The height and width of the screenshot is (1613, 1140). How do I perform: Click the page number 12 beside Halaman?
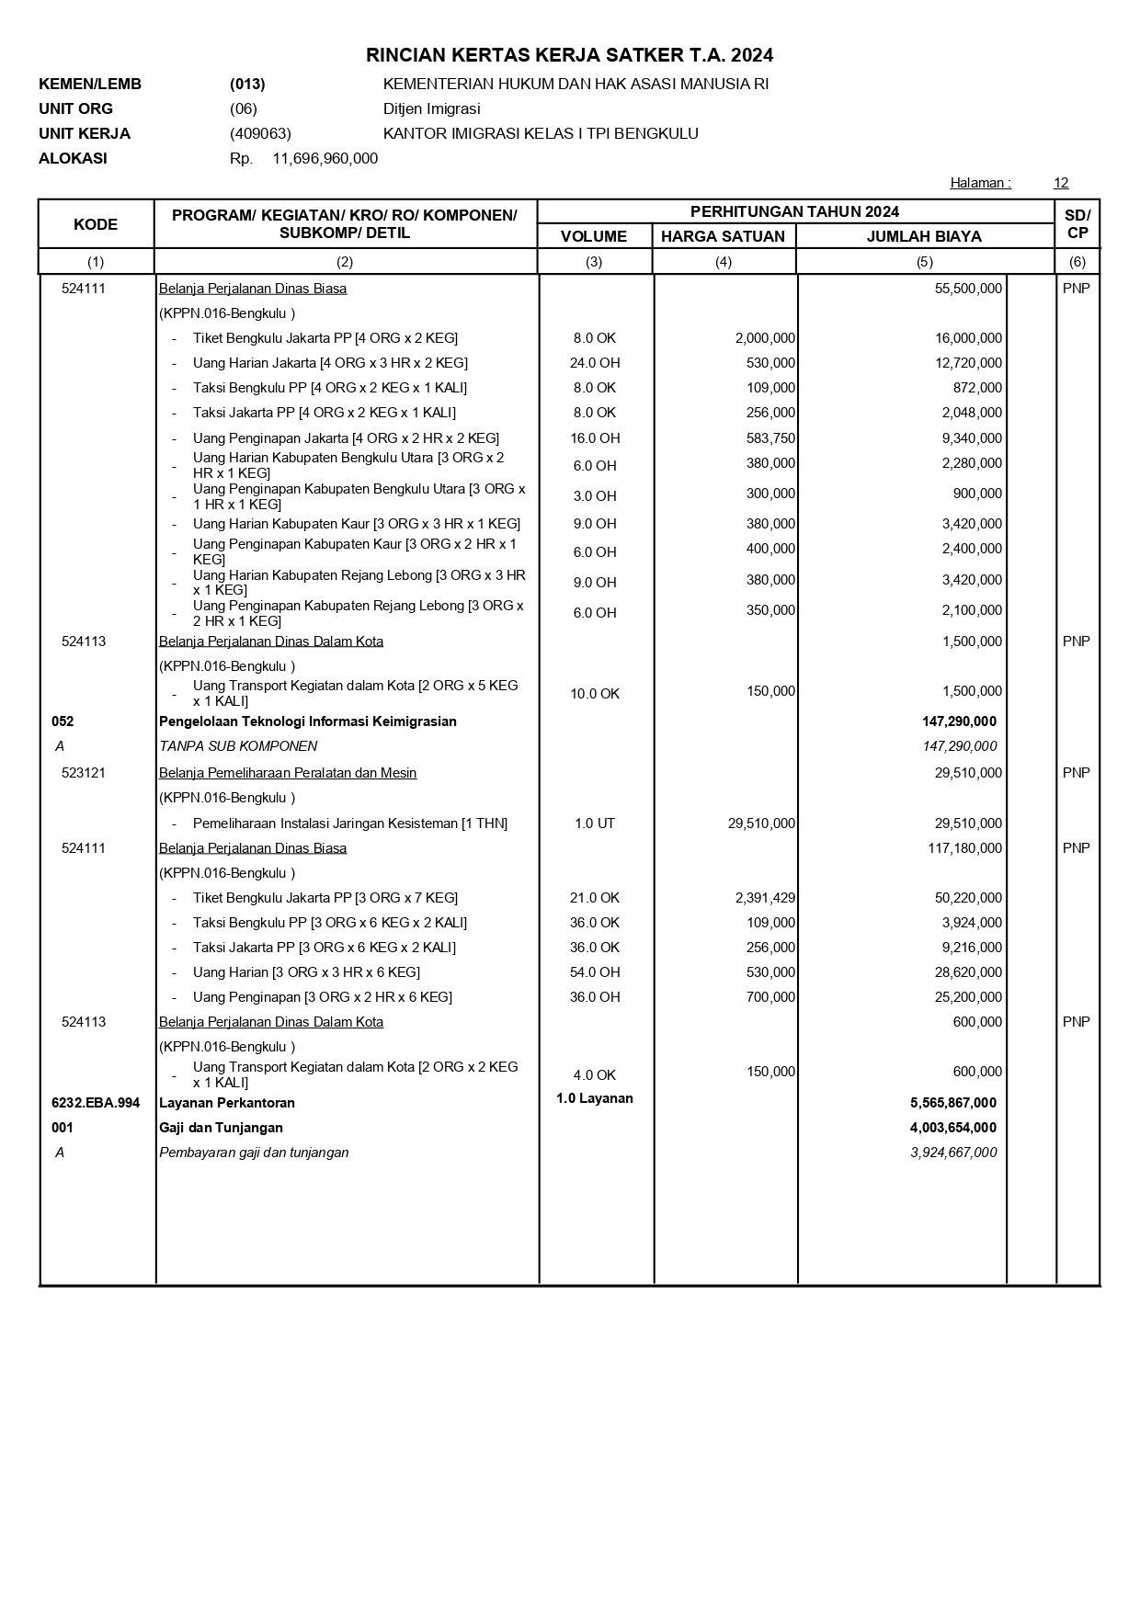click(x=1061, y=183)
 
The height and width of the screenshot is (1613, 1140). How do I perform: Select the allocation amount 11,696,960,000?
click(x=325, y=158)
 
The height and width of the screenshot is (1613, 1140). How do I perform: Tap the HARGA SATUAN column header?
click(x=723, y=236)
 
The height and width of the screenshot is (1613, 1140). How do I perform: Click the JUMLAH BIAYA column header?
click(x=924, y=236)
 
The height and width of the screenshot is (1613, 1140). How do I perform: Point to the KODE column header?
click(x=96, y=224)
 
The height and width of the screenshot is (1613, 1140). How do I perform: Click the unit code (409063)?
click(x=260, y=133)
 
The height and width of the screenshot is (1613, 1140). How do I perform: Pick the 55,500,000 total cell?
click(x=968, y=289)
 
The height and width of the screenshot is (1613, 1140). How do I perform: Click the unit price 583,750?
click(x=770, y=438)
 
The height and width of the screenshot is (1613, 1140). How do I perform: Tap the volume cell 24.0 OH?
click(x=595, y=363)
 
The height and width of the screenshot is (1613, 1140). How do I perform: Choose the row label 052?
click(x=63, y=721)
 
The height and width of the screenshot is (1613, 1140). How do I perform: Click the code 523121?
click(x=84, y=773)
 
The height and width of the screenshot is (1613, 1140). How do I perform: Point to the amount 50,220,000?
click(x=968, y=898)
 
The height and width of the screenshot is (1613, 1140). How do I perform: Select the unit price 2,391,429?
click(x=765, y=898)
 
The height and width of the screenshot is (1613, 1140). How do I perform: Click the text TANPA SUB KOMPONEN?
click(x=238, y=746)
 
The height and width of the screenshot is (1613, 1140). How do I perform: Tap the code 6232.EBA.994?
click(x=96, y=1103)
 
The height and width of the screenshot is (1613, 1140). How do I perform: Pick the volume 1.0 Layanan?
click(x=595, y=1098)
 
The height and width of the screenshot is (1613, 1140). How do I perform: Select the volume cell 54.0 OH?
click(x=595, y=972)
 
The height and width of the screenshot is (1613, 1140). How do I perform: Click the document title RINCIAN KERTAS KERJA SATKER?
click(x=569, y=55)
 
